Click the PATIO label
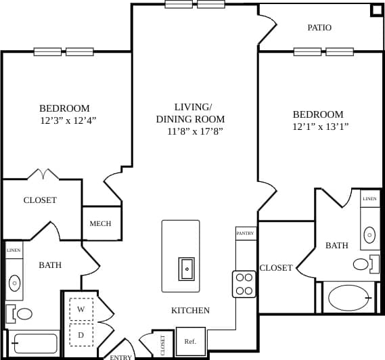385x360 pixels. tap(319, 28)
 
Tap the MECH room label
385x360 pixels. tap(101, 224)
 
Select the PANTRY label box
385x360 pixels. tap(245, 233)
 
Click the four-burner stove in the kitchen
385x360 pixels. tap(244, 284)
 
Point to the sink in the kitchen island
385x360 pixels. tap(187, 269)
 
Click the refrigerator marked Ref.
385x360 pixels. tap(190, 341)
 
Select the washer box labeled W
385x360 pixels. tap(81, 309)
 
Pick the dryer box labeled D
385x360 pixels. tap(81, 334)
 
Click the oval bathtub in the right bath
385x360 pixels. tap(348, 298)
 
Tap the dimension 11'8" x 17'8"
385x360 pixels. tap(195, 131)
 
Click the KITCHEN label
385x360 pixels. tap(190, 311)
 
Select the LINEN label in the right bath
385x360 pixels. tap(369, 199)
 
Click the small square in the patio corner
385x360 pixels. tap(376, 11)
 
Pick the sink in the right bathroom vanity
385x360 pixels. tap(369, 235)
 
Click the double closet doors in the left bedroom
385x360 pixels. tap(43, 175)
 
